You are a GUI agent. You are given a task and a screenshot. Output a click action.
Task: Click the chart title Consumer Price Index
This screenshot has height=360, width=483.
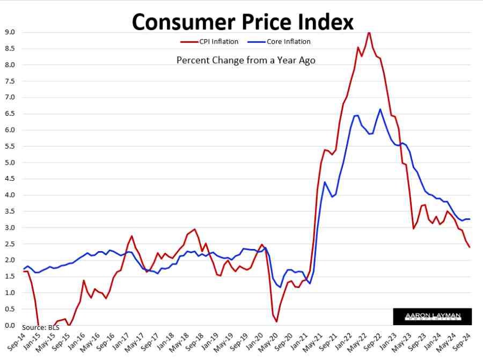pos(243,21)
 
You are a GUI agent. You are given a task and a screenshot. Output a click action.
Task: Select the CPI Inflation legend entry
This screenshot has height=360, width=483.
pos(209,41)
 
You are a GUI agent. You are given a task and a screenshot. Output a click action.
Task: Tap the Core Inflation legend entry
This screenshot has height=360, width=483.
pos(279,41)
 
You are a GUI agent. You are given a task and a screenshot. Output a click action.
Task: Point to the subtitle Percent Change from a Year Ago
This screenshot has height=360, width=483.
pos(246,60)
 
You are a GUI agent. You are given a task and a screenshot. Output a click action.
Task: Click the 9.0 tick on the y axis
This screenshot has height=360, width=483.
pos(10,32)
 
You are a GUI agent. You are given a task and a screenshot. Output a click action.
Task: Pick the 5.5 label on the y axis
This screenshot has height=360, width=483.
pos(10,146)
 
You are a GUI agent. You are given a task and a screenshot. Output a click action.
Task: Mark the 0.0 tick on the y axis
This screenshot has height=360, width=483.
pos(10,325)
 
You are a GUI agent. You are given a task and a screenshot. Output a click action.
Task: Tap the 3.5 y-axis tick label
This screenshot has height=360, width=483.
pos(10,211)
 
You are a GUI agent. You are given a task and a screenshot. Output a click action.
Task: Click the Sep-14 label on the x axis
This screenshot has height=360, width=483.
pos(16,342)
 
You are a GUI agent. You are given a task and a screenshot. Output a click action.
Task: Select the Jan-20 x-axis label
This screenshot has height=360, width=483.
pos(255,341)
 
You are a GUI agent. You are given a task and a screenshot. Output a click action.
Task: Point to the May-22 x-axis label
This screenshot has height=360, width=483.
pos(357,342)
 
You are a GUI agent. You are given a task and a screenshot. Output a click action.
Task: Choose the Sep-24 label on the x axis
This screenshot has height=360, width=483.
pos(462,342)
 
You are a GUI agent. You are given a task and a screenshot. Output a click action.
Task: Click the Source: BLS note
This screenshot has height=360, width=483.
pos(40,328)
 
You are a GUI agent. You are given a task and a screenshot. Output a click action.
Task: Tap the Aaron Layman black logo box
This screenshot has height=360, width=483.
pos(433,317)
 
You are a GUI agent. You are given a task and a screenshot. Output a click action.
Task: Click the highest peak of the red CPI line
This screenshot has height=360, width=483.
pos(369,32)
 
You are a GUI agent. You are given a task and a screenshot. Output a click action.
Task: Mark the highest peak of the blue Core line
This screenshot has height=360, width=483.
pos(380,109)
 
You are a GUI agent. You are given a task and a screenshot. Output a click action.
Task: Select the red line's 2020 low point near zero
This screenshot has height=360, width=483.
pos(276,321)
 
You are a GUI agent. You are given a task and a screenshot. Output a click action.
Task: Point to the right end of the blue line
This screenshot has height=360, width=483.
pos(470,219)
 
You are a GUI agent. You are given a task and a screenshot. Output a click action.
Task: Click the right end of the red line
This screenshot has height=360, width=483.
pos(470,247)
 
